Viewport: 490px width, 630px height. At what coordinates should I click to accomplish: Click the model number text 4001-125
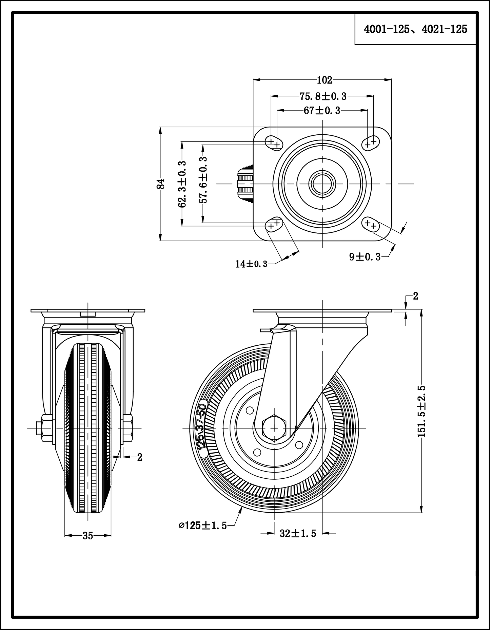pyautogui.click(x=386, y=30)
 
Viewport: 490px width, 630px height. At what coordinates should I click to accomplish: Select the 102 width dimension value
pyautogui.click(x=324, y=80)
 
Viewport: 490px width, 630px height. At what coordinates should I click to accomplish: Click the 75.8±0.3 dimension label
pyautogui.click(x=323, y=96)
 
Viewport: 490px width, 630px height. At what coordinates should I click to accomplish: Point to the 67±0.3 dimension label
pyautogui.click(x=322, y=111)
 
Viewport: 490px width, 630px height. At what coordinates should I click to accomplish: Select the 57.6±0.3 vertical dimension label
pyautogui.click(x=203, y=180)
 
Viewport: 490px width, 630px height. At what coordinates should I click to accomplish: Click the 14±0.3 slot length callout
pyautogui.click(x=251, y=264)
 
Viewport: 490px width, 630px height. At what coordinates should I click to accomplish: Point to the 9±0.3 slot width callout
pyautogui.click(x=365, y=257)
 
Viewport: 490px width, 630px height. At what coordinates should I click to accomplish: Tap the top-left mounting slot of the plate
pyautogui.click(x=274, y=142)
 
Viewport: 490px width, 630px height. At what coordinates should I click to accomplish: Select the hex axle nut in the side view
pyautogui.click(x=274, y=428)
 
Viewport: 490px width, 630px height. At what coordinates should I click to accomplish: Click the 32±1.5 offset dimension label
pyautogui.click(x=298, y=534)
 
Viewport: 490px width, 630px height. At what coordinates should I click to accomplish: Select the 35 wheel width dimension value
pyautogui.click(x=87, y=536)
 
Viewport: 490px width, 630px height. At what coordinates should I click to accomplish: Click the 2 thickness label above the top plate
pyautogui.click(x=415, y=296)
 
